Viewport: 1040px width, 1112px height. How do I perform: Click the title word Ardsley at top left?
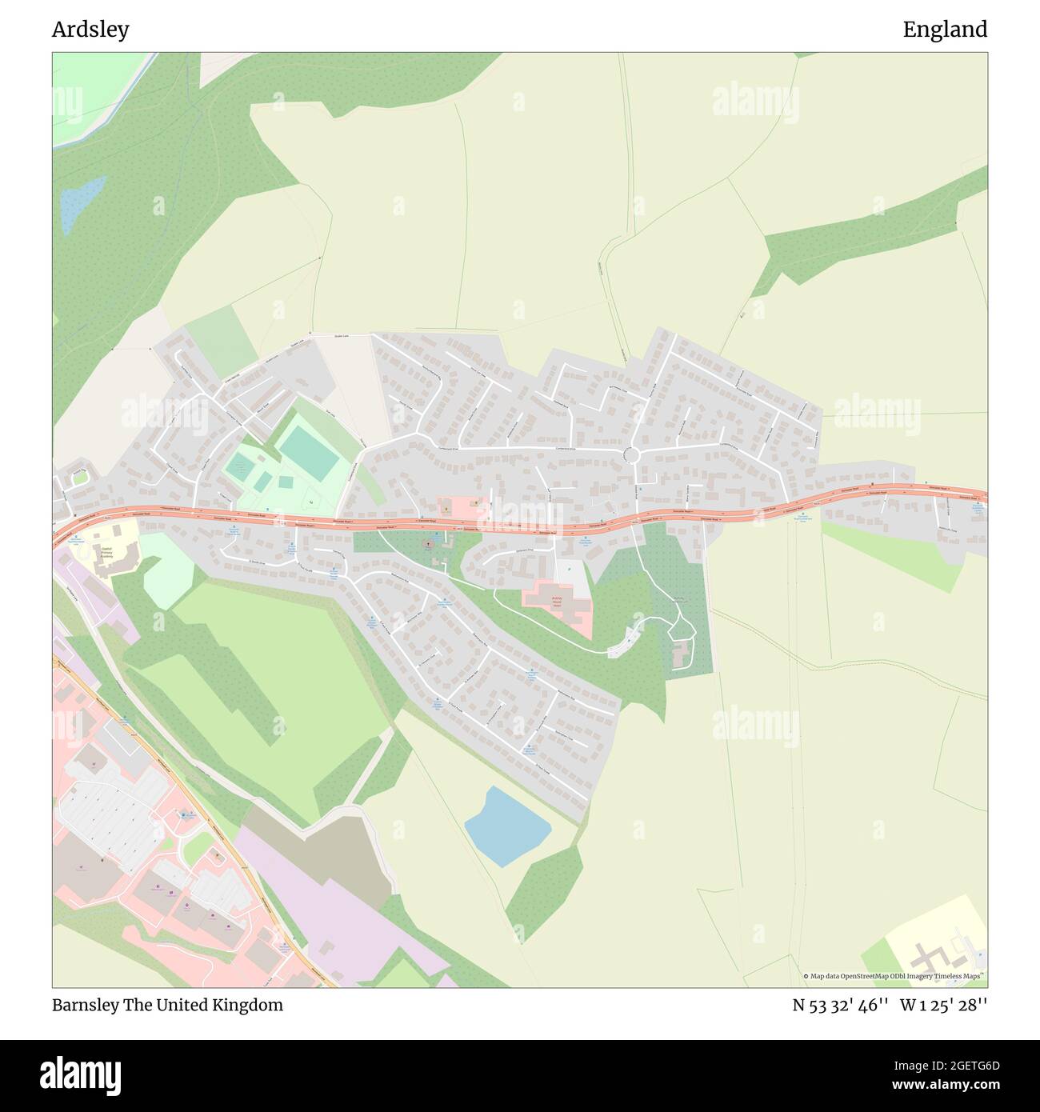coord(90,30)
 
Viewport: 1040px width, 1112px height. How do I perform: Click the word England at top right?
coord(945,30)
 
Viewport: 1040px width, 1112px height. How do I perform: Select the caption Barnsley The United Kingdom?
coord(167,1005)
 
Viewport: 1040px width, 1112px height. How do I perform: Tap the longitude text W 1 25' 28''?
coord(943,1005)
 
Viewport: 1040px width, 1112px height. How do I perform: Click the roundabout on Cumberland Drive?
coord(631,455)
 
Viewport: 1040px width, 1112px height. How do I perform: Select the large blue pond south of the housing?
coord(507,826)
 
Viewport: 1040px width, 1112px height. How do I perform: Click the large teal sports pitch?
coord(309,453)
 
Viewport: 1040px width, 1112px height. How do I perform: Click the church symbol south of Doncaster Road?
coord(430,544)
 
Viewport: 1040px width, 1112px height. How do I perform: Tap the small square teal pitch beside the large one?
coord(286,482)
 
